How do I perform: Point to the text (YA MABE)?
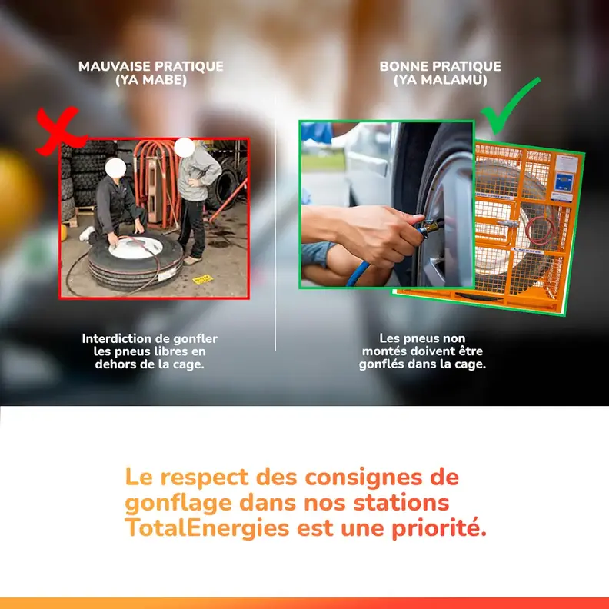pyautogui.click(x=151, y=79)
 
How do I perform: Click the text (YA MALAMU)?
pyautogui.click(x=440, y=79)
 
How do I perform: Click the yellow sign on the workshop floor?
pyautogui.click(x=202, y=278)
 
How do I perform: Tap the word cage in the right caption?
pyautogui.click(x=469, y=364)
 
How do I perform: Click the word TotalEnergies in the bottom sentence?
pyautogui.click(x=208, y=529)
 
